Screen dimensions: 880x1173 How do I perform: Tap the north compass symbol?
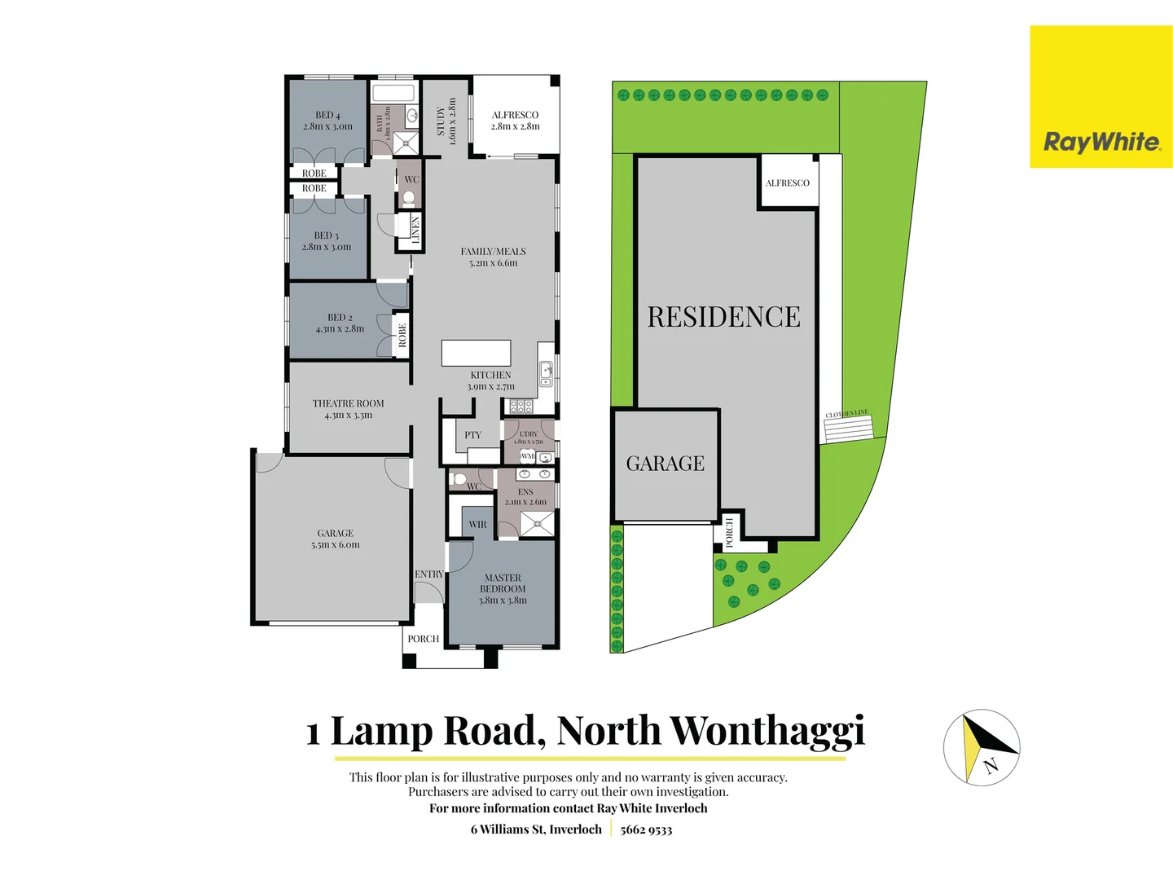click(x=982, y=746)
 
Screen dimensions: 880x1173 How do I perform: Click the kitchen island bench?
click(x=476, y=353)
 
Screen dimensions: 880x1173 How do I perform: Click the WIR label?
click(x=477, y=525)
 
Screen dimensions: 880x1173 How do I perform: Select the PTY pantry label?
click(x=472, y=435)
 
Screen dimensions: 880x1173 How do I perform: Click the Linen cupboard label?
click(x=415, y=230)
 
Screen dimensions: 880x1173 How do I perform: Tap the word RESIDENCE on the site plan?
click(x=723, y=317)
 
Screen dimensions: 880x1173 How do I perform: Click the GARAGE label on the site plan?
click(x=665, y=464)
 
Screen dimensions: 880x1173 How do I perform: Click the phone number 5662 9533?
click(x=646, y=829)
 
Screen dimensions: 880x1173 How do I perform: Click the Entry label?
click(x=428, y=574)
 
